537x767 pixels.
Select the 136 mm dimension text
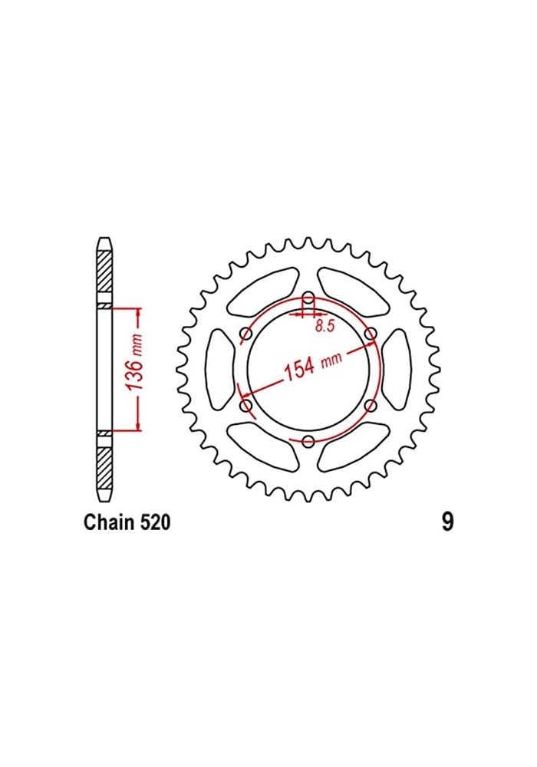click(x=133, y=368)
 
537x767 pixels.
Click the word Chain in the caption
click(x=106, y=524)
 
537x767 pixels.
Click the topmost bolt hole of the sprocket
click(x=308, y=298)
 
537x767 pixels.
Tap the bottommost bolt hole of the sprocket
click(x=308, y=440)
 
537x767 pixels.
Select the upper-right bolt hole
click(x=371, y=334)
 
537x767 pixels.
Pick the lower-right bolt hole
click(x=371, y=405)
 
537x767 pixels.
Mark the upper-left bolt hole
click(x=246, y=334)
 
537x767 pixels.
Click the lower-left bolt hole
click(x=246, y=405)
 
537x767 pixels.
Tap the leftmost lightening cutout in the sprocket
click(x=221, y=369)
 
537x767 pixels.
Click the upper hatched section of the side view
click(x=104, y=273)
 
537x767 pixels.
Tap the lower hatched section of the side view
click(x=104, y=466)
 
